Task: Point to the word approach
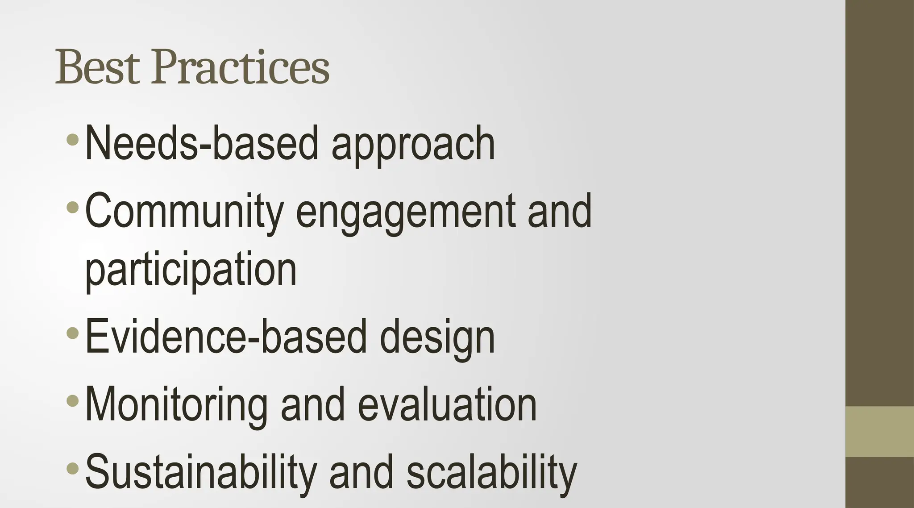(x=413, y=144)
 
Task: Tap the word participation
(x=191, y=270)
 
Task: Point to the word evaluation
(x=447, y=404)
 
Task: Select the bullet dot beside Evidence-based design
(x=72, y=333)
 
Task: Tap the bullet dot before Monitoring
(x=72, y=400)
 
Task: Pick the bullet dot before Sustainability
(x=72, y=468)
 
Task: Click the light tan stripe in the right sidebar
(x=880, y=431)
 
